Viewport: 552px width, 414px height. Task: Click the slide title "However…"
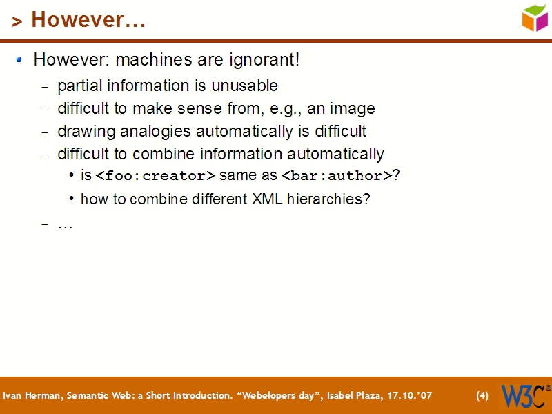pos(88,20)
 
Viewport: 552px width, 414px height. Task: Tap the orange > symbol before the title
pos(17,22)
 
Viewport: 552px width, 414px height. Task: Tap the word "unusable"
pos(249,86)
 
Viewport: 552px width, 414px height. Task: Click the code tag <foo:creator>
pos(155,177)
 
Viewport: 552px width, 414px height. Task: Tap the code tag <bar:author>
pos(336,177)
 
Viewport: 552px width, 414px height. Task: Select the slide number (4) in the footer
pos(482,396)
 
